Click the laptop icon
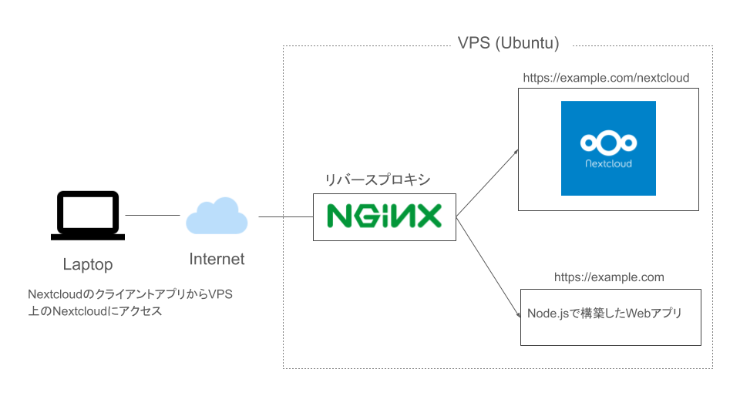(87, 215)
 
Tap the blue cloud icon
(217, 216)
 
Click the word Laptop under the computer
(87, 265)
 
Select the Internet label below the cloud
(217, 260)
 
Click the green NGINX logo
(384, 216)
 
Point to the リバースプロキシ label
(378, 179)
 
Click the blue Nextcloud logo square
(608, 148)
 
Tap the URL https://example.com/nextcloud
(606, 78)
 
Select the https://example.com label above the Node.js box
(609, 277)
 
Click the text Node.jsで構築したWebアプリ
(604, 314)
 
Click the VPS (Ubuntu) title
(509, 42)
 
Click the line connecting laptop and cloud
(152, 216)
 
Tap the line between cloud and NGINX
(285, 217)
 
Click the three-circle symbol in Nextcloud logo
(608, 143)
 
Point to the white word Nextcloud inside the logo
(608, 163)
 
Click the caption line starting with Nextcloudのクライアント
(129, 295)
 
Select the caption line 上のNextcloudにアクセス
(95, 312)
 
